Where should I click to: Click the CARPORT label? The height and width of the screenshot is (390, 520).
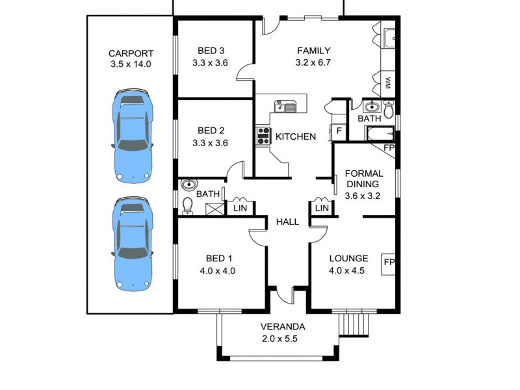pos(130,53)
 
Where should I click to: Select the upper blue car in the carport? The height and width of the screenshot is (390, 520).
pos(133,137)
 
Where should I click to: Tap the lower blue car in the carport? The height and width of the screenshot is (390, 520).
pos(133,244)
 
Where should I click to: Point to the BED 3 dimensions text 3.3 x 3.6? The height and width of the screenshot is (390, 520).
pos(210,63)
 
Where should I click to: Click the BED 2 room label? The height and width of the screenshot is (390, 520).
pos(210,130)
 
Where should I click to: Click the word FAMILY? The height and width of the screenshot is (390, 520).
pos(314,50)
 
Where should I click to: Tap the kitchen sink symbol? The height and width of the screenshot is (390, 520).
pos(285,106)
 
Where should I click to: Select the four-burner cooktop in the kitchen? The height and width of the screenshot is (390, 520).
pos(264,136)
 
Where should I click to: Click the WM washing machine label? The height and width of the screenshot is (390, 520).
pos(388,83)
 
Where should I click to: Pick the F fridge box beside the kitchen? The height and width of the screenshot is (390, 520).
pos(339,131)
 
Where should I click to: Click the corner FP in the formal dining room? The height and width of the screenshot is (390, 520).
pos(389,148)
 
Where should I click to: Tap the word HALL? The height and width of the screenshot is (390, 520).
pos(287,222)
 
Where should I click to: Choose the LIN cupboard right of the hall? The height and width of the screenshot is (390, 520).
pos(322,207)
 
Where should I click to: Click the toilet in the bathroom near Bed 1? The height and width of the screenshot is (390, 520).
pos(188,206)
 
